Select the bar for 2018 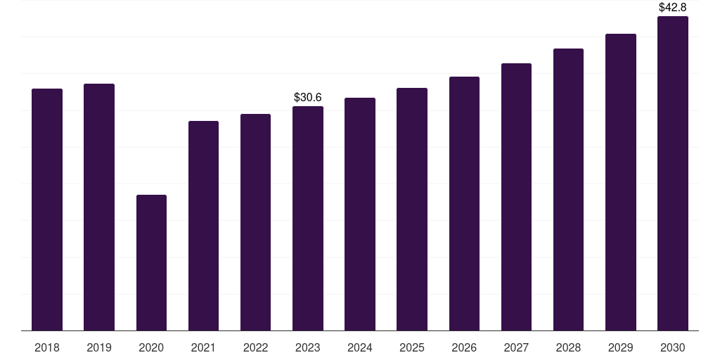pyautogui.click(x=47, y=210)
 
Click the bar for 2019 pyautogui.click(x=99, y=207)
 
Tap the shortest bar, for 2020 pyautogui.click(x=152, y=263)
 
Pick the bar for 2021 pyautogui.click(x=203, y=226)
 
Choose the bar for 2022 pyautogui.click(x=255, y=222)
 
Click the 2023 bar pyautogui.click(x=308, y=219)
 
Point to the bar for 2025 pyautogui.click(x=412, y=210)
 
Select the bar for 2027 pyautogui.click(x=516, y=197)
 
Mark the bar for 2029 pyautogui.click(x=621, y=182)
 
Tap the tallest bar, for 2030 pyautogui.click(x=673, y=174)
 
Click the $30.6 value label pyautogui.click(x=308, y=97)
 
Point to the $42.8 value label pyautogui.click(x=673, y=7)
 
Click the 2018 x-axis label pyautogui.click(x=47, y=347)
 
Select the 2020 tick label pyautogui.click(x=152, y=347)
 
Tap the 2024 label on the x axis pyautogui.click(x=360, y=347)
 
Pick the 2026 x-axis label pyautogui.click(x=464, y=347)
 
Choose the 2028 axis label pyautogui.click(x=568, y=347)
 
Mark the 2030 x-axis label pyautogui.click(x=673, y=347)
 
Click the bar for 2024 pyautogui.click(x=360, y=214)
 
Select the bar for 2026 pyautogui.click(x=464, y=204)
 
